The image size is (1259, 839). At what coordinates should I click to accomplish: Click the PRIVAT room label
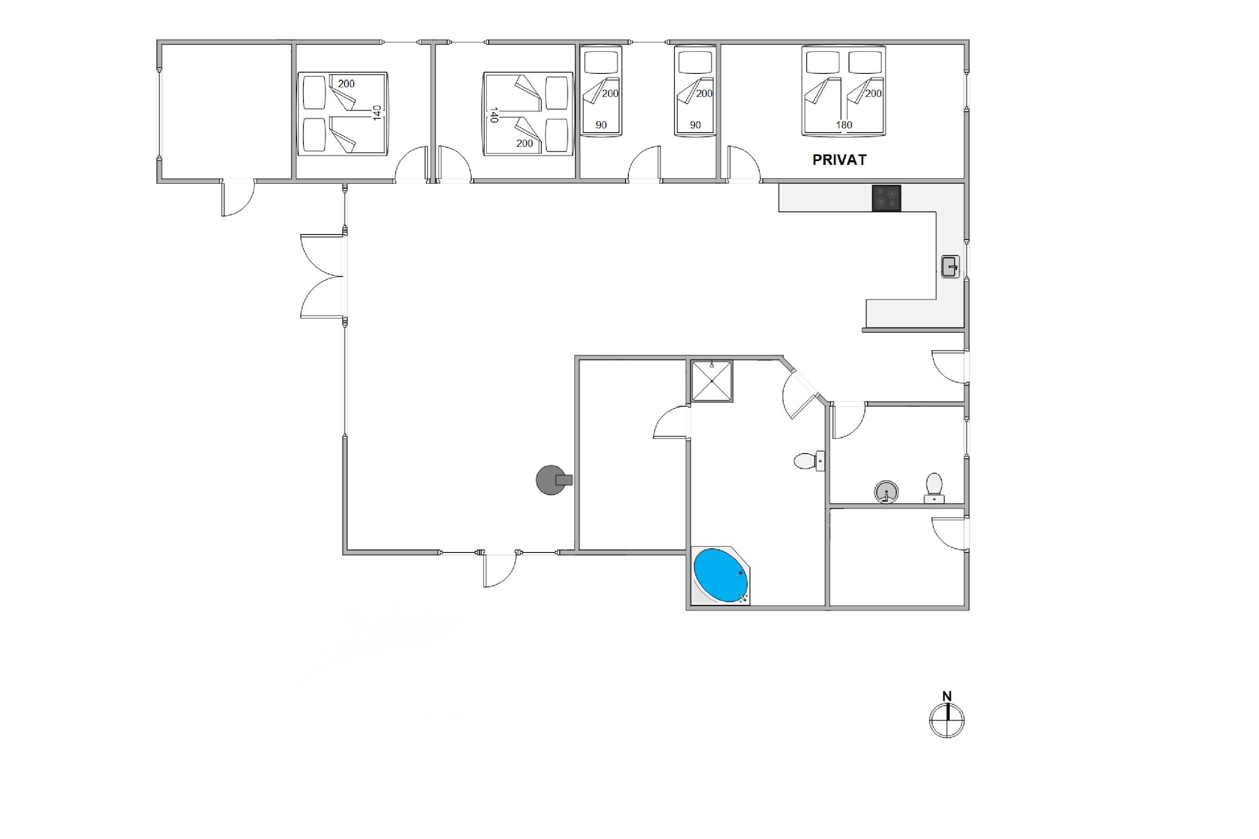tap(839, 159)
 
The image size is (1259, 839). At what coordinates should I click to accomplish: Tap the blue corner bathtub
tap(721, 576)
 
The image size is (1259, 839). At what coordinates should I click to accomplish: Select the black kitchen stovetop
tap(886, 198)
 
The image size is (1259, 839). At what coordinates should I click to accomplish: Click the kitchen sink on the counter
tap(950, 266)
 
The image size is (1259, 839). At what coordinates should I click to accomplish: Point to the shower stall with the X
tap(711, 380)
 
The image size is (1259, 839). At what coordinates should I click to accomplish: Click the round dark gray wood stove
tap(553, 480)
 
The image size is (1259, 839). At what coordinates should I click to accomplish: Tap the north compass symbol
tap(947, 720)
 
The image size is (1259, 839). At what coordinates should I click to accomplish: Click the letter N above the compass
tap(947, 696)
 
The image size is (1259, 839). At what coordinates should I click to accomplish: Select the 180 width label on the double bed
tap(844, 125)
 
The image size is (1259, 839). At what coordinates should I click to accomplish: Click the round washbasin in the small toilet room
tap(886, 492)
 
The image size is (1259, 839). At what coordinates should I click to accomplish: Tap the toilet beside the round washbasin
tap(934, 487)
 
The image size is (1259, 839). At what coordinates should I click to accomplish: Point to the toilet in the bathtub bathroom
tap(809, 461)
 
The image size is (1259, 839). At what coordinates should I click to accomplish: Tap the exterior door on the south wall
tap(500, 569)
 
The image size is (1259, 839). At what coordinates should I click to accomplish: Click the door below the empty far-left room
tap(238, 198)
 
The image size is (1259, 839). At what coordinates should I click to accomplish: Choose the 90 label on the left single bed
tap(601, 125)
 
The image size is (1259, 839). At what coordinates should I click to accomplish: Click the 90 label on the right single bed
tap(695, 125)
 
